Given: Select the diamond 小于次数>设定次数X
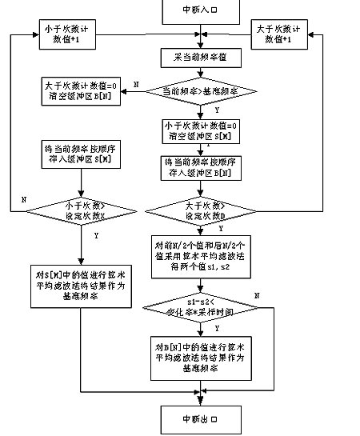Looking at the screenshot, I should click(x=78, y=210).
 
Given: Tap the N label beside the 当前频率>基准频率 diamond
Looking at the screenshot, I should click(x=136, y=83).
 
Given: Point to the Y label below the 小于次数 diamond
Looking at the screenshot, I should click(x=96, y=236).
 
